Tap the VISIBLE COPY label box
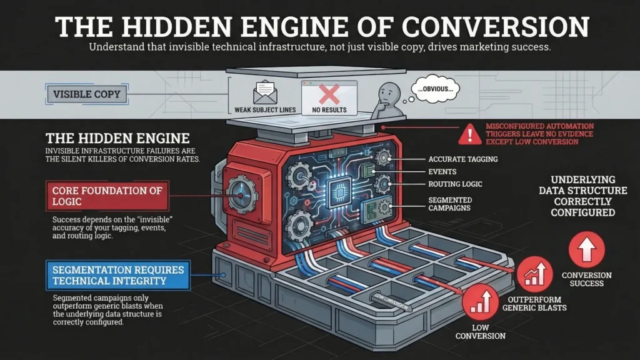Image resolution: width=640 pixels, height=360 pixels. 86,95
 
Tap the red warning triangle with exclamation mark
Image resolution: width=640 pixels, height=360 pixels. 466,134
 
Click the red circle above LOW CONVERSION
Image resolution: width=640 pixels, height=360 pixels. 479,301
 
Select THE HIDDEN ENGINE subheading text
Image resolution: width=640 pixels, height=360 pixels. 117,137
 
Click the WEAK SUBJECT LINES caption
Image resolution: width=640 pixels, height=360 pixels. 265,111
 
